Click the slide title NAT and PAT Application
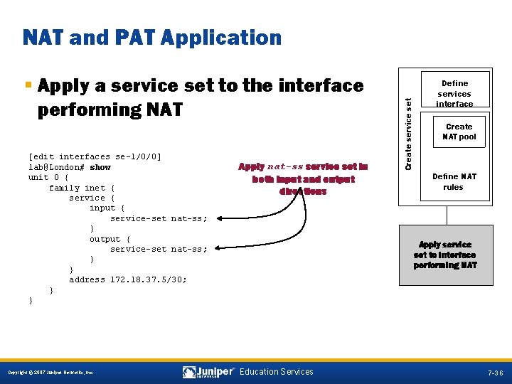coord(152,38)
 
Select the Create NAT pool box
coord(459,132)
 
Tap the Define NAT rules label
coord(454,182)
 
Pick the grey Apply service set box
coord(446,255)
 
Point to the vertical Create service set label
coord(408,133)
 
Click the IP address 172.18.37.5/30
coord(149,279)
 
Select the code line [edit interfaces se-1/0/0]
coord(95,156)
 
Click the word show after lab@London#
coord(100,167)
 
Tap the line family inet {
coord(82,188)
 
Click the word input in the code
coord(102,208)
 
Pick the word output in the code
coord(105,239)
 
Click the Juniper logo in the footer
coord(208,372)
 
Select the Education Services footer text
coord(277,372)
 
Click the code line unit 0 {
coord(48,177)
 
